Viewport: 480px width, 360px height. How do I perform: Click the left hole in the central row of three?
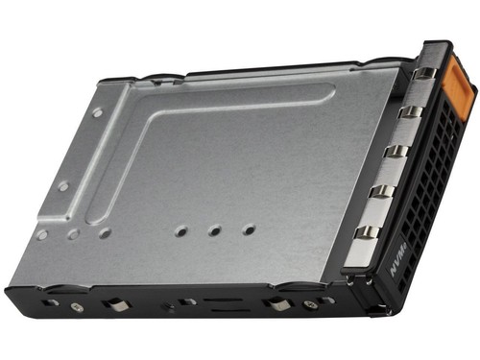pyautogui.click(x=181, y=231)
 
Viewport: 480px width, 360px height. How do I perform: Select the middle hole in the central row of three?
pyautogui.click(x=215, y=230)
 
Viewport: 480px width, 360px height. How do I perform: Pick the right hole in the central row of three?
pyautogui.click(x=249, y=228)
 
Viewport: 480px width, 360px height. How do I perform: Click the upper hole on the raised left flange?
pyautogui.click(x=97, y=112)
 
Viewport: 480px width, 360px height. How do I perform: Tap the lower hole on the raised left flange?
pyautogui.click(x=63, y=186)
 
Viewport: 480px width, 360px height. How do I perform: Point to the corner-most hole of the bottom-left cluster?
pyautogui.click(x=41, y=234)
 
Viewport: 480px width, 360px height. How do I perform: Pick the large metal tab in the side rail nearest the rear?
pyautogui.click(x=116, y=305)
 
